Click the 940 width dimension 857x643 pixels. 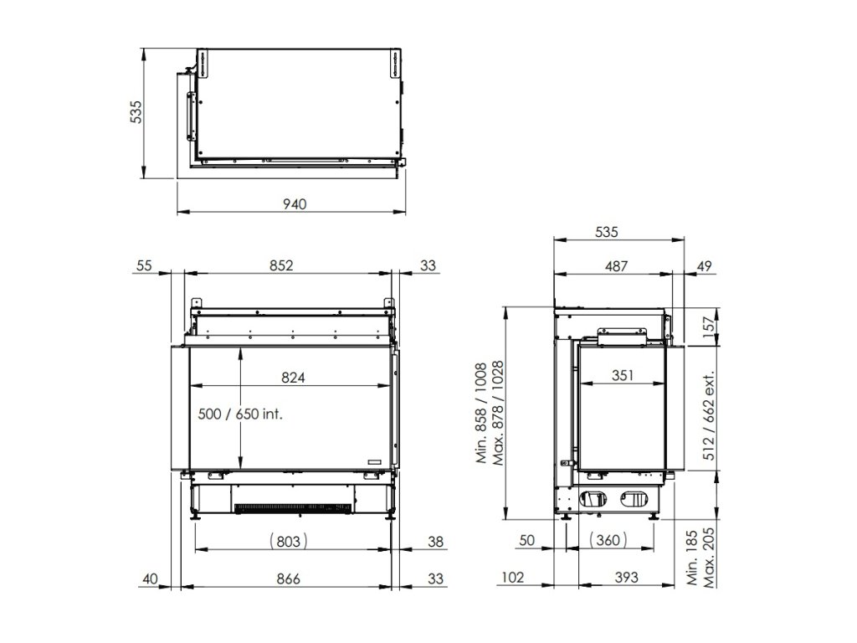(x=295, y=204)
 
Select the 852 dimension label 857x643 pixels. (x=281, y=265)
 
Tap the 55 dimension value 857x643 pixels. (x=144, y=265)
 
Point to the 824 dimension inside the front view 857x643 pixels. (x=293, y=378)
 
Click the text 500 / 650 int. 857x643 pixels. (x=240, y=414)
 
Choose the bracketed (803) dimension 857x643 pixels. (x=289, y=542)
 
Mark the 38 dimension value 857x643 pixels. (x=435, y=542)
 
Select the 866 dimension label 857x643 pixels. (x=288, y=579)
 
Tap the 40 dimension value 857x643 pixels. (x=151, y=579)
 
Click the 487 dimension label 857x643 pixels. (x=616, y=266)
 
